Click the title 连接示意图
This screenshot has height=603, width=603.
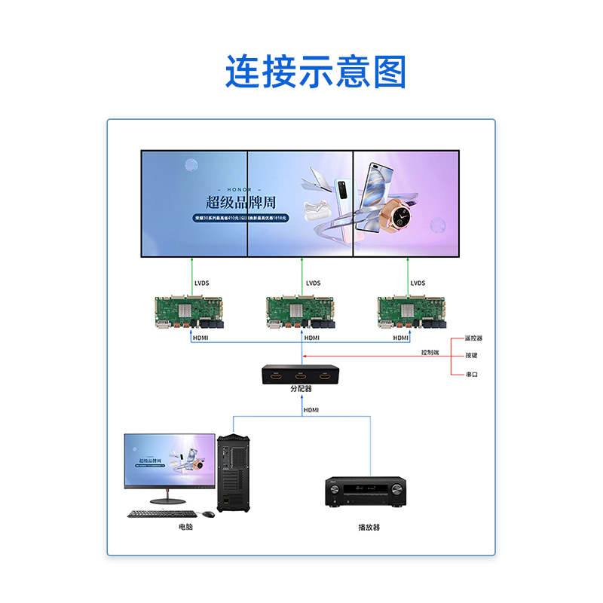point(316,72)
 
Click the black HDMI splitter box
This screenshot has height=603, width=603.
point(301,375)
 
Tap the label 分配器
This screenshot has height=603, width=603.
point(301,389)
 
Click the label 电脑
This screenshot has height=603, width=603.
point(185,527)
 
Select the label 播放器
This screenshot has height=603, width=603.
point(369,527)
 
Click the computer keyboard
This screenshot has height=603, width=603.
point(160,514)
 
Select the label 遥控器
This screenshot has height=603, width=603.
point(473,338)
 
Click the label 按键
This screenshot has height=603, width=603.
point(471,356)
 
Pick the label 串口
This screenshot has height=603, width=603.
point(471,374)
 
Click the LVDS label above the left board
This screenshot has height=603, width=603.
point(201,283)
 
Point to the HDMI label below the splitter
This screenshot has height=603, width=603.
point(311,410)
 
